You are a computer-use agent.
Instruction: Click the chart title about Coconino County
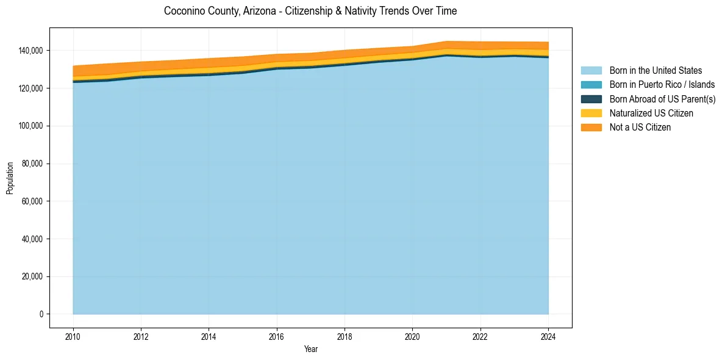(310, 11)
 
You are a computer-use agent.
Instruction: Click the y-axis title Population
(10, 178)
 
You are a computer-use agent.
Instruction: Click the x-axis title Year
(310, 349)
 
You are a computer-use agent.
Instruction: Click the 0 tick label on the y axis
(41, 314)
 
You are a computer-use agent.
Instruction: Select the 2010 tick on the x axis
(73, 336)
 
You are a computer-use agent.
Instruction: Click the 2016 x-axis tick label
(277, 336)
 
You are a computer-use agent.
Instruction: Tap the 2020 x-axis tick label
(412, 336)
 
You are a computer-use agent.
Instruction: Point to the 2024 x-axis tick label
(548, 336)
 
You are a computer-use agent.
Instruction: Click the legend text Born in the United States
(655, 71)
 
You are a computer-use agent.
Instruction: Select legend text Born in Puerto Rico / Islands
(662, 85)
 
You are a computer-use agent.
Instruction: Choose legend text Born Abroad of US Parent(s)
(662, 99)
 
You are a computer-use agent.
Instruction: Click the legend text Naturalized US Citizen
(651, 113)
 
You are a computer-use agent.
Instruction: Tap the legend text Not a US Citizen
(640, 128)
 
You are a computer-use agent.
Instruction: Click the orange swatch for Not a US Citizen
(591, 128)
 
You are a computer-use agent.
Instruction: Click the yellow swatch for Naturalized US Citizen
(591, 113)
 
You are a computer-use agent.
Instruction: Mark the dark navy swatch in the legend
(591, 99)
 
